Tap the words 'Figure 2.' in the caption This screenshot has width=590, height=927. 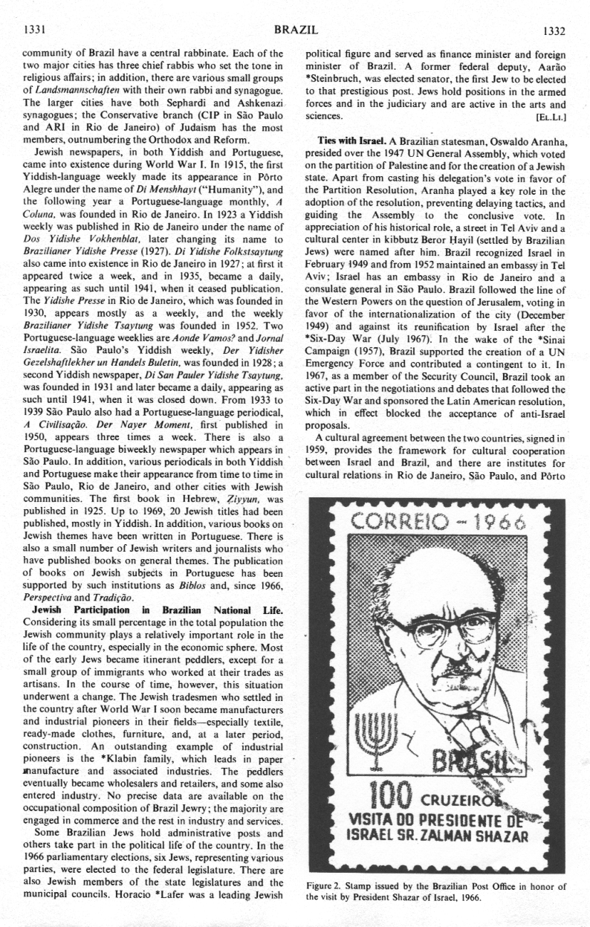[326, 886]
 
